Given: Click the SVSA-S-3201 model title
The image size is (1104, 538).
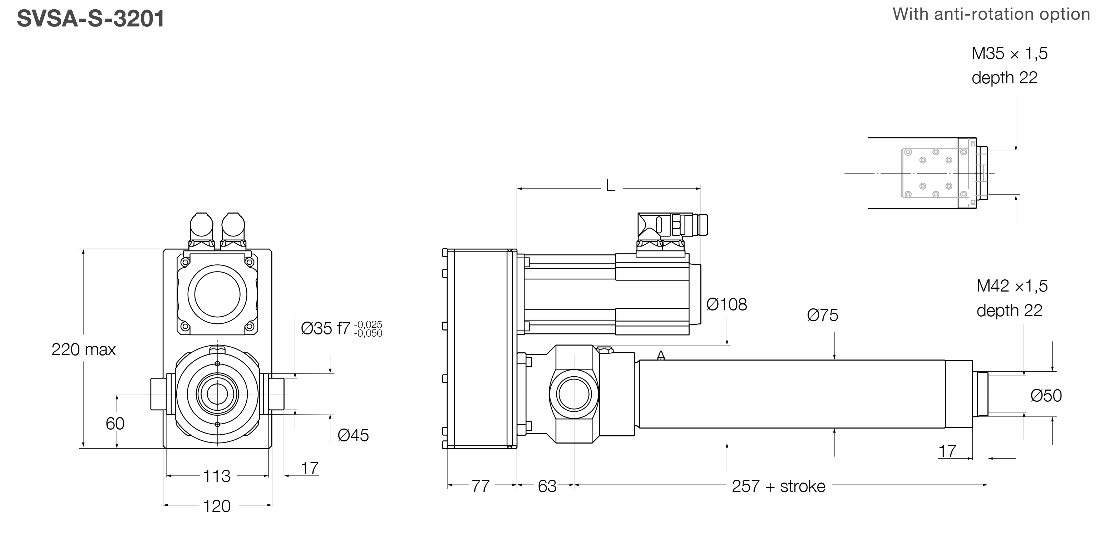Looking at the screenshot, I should (x=90, y=19).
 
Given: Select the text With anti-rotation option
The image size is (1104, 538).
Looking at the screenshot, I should (x=991, y=14).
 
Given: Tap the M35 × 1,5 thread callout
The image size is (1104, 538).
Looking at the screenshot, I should (x=1009, y=54).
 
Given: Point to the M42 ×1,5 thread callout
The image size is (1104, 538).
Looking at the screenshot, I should (x=1012, y=286).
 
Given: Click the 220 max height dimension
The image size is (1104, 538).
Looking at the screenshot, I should (x=84, y=350).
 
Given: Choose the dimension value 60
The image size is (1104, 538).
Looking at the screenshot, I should (x=115, y=424).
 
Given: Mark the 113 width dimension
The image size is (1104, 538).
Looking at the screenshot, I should (x=217, y=476).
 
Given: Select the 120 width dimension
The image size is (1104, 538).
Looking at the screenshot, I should (x=217, y=506).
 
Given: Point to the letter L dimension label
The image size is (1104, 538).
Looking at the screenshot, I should (x=610, y=186).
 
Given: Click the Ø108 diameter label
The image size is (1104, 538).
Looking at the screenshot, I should (x=727, y=305).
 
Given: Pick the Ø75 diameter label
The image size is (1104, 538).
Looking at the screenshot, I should (x=822, y=316).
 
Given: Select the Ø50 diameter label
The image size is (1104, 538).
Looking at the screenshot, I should (x=1046, y=396).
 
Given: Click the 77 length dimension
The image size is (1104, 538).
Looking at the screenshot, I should (x=480, y=486).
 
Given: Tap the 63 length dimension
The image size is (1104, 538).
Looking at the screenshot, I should (x=547, y=486).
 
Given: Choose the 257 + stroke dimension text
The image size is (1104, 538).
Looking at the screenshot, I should (x=778, y=486).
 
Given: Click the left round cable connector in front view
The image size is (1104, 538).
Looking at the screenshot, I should (x=201, y=225).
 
